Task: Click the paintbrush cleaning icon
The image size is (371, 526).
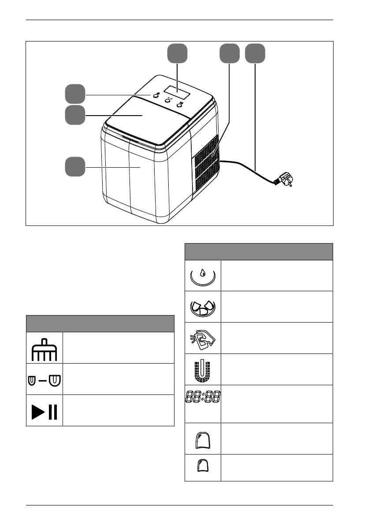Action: [45, 348]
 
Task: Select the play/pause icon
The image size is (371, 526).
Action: [45, 410]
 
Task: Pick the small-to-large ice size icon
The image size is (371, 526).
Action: [45, 379]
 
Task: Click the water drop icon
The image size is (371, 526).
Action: [202, 276]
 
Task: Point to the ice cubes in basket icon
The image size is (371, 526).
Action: [202, 307]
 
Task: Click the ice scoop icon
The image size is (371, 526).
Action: [202, 338]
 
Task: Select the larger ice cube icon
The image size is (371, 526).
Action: [202, 439]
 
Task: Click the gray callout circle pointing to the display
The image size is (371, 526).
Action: [177, 54]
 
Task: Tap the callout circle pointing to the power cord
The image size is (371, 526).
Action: [255, 54]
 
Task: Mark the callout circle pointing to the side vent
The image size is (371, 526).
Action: [230, 54]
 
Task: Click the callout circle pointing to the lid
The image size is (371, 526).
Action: [75, 115]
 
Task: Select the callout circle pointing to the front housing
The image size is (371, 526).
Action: [75, 168]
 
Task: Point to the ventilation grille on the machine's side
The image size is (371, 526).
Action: [206, 163]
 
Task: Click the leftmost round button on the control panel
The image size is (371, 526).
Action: [156, 95]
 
